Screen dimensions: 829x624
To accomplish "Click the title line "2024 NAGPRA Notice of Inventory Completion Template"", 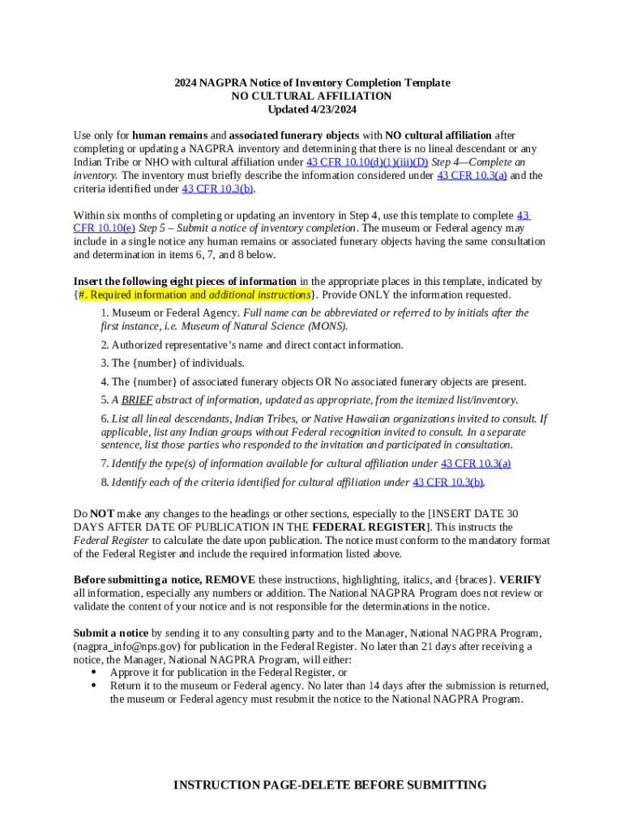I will coord(312,83).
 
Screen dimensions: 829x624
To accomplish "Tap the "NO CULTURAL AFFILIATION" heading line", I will coord(312,96).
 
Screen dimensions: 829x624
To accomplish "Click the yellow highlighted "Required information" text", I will coord(141,295).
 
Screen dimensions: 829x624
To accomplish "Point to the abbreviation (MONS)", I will coord(326,326).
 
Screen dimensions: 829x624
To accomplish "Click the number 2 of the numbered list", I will coord(105,345).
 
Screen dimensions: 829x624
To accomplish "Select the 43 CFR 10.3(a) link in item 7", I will coord(476,464).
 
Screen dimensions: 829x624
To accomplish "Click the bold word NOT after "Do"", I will coord(101,514).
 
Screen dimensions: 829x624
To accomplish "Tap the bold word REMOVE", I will coord(230,580).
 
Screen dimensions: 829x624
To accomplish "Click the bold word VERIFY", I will coord(520,580).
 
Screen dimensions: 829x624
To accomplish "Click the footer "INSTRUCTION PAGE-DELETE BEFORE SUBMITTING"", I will coord(330,785).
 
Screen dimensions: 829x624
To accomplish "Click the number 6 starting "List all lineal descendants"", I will coord(105,419).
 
